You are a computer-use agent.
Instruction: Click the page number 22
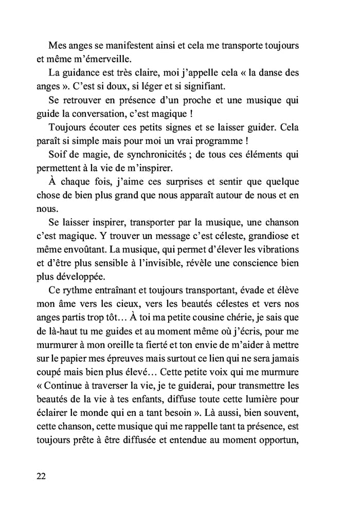[x=42, y=476]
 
